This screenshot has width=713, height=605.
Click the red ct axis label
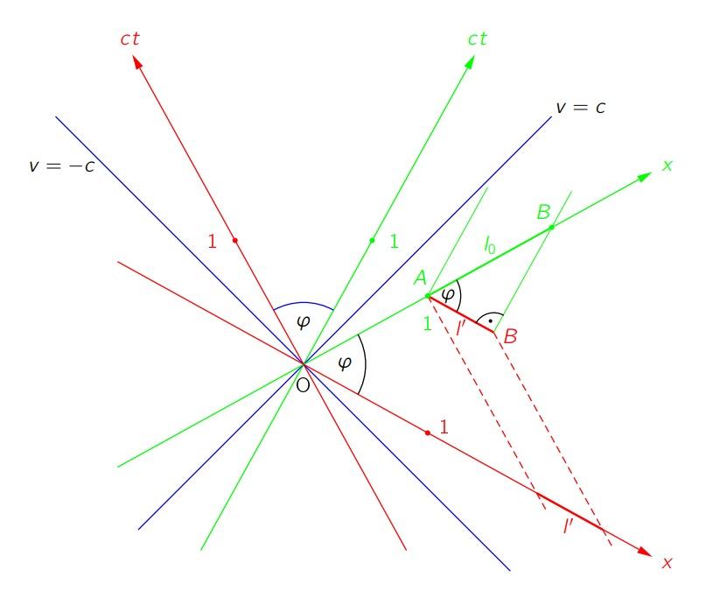pyautogui.click(x=130, y=39)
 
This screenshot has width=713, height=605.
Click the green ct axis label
pyautogui.click(x=478, y=39)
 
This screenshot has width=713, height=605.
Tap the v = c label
pyautogui.click(x=581, y=108)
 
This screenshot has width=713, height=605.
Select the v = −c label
pyautogui.click(x=62, y=165)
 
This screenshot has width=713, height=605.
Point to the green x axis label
pyautogui.click(x=668, y=165)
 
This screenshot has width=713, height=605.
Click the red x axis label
pyautogui.click(x=668, y=563)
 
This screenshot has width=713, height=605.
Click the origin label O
pyautogui.click(x=303, y=385)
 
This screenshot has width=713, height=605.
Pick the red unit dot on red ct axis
pyautogui.click(x=235, y=241)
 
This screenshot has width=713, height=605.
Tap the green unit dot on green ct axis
pyautogui.click(x=372, y=241)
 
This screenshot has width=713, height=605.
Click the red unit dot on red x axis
pyautogui.click(x=428, y=433)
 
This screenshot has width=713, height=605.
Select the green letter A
pyautogui.click(x=421, y=278)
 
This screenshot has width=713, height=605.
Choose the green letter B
pyautogui.click(x=544, y=212)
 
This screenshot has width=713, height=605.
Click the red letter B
pyautogui.click(x=510, y=336)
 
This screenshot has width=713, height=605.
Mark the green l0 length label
pyautogui.click(x=490, y=245)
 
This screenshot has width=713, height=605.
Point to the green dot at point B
pyautogui.click(x=551, y=227)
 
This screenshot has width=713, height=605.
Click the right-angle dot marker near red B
pyautogui.click(x=490, y=321)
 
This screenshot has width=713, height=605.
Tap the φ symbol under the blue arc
pyautogui.click(x=304, y=322)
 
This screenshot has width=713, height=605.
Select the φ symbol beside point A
pyautogui.click(x=448, y=295)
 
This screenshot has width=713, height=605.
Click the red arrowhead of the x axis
pyautogui.click(x=645, y=552)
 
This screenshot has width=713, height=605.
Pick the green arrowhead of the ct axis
pyautogui.click(x=470, y=63)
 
